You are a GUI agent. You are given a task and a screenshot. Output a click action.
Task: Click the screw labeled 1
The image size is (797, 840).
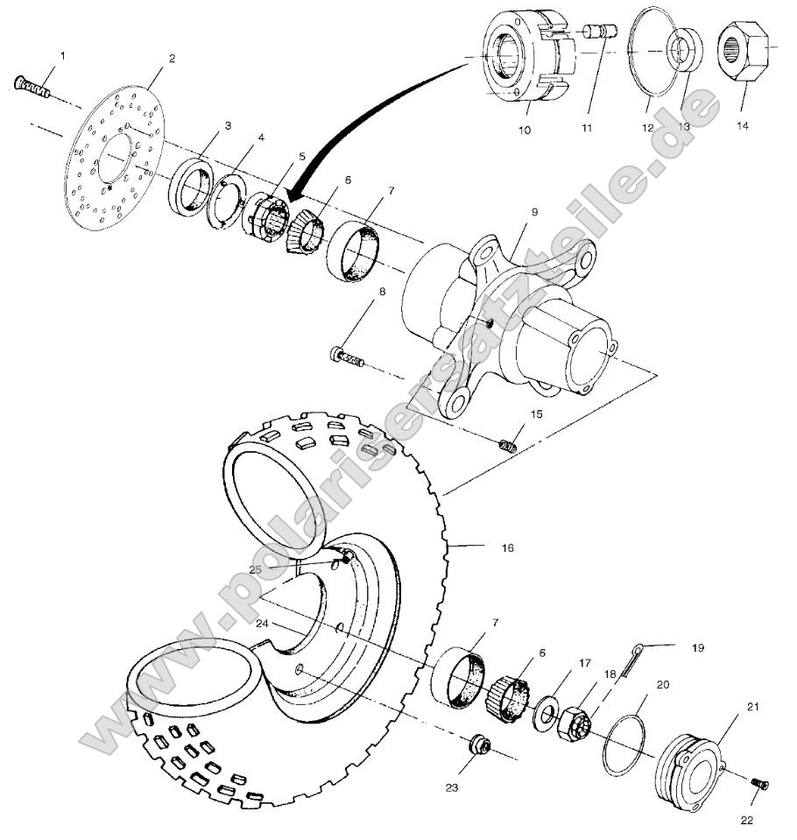tap(32, 87)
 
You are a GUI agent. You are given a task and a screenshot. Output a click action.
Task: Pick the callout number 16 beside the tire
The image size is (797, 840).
tap(507, 547)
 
